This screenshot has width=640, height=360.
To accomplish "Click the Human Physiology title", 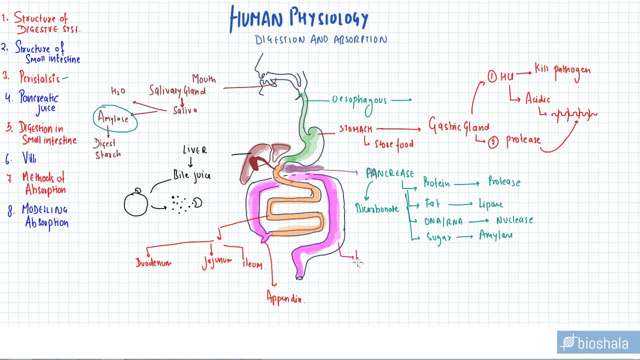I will coord(299,19).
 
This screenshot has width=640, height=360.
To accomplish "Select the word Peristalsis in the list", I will coord(39,78).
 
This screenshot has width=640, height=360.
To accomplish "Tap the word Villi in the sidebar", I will coord(29,158).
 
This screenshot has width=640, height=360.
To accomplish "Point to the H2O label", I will coord(118,91).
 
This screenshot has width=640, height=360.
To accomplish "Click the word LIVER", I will coord(194,150).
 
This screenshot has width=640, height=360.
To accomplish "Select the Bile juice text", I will coord(192,175).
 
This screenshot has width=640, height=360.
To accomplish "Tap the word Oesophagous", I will coord(359,100).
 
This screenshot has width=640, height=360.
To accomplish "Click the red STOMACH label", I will coord(355,129).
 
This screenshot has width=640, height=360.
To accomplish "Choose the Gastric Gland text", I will coord(458,126).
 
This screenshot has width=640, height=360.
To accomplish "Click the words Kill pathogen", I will coord(562,70).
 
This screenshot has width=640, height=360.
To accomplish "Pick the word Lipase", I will coord(490,204).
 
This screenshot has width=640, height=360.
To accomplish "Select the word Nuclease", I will coord(514,220).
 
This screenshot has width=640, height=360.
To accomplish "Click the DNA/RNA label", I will coord(443,221).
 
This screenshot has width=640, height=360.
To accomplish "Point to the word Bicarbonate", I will coord(377,208).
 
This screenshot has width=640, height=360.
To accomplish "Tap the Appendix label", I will coord(285,297).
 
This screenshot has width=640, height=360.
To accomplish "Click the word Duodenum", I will coord(153,262).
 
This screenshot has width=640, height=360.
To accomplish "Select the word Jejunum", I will coord(217,261).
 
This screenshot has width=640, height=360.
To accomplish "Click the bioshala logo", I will coord(597,343).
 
